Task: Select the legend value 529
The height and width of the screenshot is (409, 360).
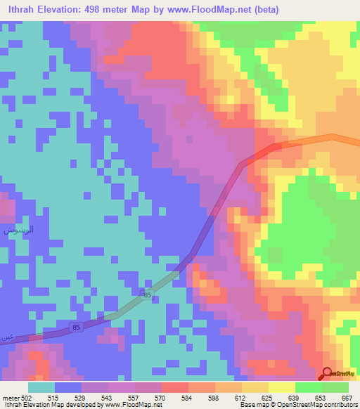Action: click(x=83, y=397)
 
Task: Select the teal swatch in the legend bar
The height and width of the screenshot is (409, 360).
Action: click(x=41, y=387)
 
